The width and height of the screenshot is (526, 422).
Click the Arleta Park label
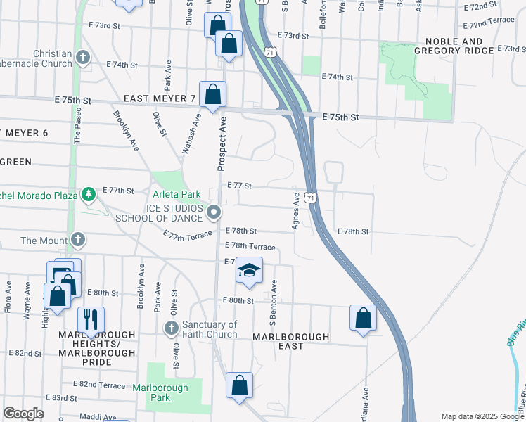click(x=177, y=193)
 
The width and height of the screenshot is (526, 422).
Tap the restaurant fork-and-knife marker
click(x=91, y=319)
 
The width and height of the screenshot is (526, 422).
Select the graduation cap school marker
click(x=248, y=270)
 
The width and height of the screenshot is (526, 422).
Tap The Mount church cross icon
click(x=78, y=241)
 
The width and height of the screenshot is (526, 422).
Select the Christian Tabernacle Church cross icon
click(x=83, y=57)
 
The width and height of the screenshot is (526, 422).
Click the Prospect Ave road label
click(x=221, y=143)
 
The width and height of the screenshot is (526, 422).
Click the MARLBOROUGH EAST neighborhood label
click(x=290, y=341)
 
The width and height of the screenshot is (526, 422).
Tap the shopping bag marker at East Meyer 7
click(x=212, y=94)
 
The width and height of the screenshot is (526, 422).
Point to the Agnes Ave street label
click(x=296, y=212)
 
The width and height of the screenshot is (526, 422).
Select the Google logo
click(x=23, y=414)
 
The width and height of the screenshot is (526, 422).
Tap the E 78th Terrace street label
click(x=250, y=246)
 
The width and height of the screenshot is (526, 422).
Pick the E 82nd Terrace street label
click(x=99, y=385)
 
